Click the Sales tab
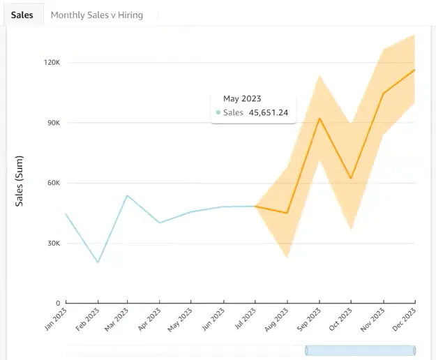pyautogui.click(x=22, y=15)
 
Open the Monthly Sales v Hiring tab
pyautogui.click(x=97, y=15)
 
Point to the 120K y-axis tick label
pyautogui.click(x=52, y=63)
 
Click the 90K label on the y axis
pyautogui.click(x=54, y=123)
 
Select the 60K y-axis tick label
pyautogui.click(x=54, y=183)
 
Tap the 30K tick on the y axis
pyautogui.click(x=54, y=243)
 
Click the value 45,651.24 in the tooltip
pyautogui.click(x=269, y=112)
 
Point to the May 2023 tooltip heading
pyautogui.click(x=241, y=99)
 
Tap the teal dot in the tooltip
pyautogui.click(x=218, y=112)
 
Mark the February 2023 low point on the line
pyautogui.click(x=98, y=262)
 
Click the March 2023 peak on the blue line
pyautogui.click(x=127, y=195)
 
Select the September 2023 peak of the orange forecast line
pyautogui.click(x=320, y=119)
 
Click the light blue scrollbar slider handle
pyautogui.click(x=360, y=350)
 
